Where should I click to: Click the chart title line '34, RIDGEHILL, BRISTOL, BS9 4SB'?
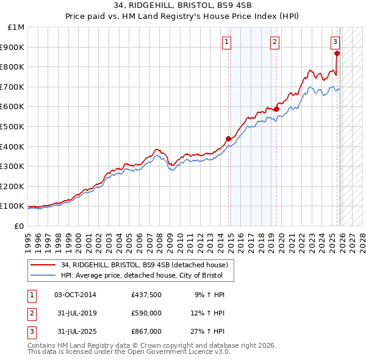click(182, 5)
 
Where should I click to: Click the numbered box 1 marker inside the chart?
click(226, 42)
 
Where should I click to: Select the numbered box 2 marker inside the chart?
click(275, 42)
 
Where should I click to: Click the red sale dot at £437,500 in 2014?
click(229, 139)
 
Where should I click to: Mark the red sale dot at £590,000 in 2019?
click(276, 109)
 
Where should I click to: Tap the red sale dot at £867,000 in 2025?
click(337, 53)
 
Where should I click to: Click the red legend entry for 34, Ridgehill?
click(144, 265)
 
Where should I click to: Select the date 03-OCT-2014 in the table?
click(75, 295)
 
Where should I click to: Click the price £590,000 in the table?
click(146, 313)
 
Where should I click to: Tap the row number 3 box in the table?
click(31, 331)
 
